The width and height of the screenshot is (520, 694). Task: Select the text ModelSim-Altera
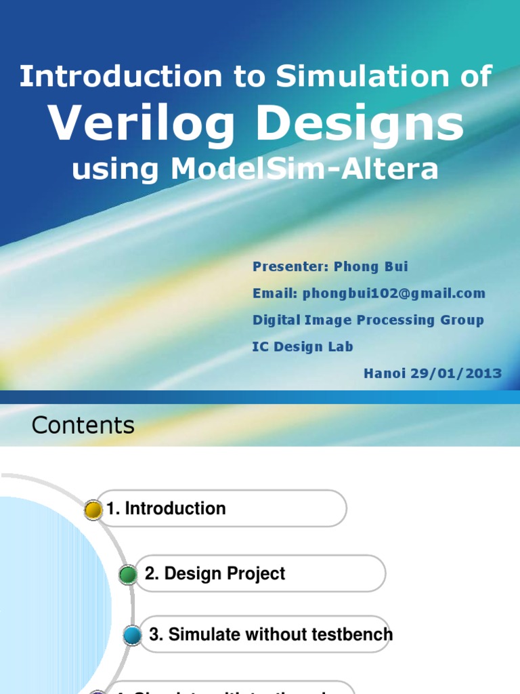tap(305, 169)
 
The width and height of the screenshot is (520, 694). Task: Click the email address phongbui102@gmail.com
tap(394, 293)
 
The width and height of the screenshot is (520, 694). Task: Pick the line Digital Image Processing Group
tap(368, 320)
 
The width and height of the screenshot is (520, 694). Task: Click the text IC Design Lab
tap(303, 346)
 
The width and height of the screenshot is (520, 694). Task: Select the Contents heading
tap(83, 426)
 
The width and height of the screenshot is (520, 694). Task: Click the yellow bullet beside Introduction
tap(93, 510)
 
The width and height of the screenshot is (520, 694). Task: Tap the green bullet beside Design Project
tap(128, 575)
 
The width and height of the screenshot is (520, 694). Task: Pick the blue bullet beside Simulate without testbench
tap(133, 635)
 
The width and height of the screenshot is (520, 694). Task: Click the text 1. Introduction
tap(167, 508)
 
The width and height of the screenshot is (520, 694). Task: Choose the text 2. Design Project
tap(215, 574)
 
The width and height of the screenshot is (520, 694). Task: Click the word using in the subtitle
tap(116, 169)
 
